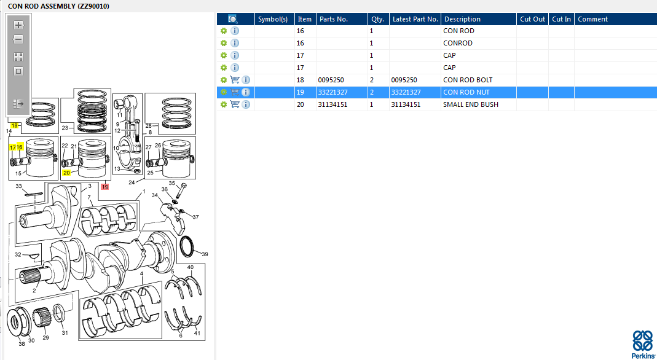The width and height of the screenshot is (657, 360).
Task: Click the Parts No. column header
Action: point(334,19)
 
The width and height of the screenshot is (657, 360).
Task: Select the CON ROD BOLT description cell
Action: point(468,80)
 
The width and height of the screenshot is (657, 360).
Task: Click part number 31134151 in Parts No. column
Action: point(332,104)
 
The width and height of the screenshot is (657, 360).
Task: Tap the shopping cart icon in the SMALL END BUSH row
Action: point(235,104)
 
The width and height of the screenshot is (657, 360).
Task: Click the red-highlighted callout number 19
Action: point(104,187)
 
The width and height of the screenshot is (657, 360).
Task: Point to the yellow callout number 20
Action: point(66,173)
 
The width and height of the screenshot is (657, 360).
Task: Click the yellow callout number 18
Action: point(15,125)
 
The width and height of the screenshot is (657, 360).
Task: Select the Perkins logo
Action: point(643,343)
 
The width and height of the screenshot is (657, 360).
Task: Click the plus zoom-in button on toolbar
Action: point(18,25)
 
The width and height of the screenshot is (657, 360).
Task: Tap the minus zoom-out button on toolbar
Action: point(18,40)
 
